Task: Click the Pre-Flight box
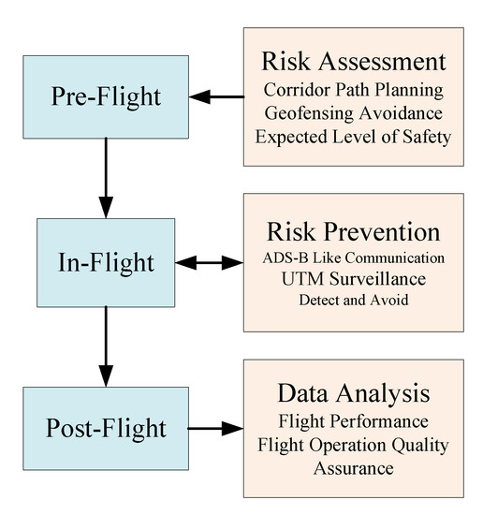106,96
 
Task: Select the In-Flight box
106,262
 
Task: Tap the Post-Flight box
106,430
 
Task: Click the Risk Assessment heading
353,63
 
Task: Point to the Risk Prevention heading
353,231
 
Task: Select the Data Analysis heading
353,393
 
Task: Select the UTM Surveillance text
353,278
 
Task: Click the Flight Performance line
353,422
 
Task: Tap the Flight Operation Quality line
353,444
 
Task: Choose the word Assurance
353,465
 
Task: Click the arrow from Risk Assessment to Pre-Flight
214,96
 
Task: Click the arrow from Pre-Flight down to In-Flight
106,178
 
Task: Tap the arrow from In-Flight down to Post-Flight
106,346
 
